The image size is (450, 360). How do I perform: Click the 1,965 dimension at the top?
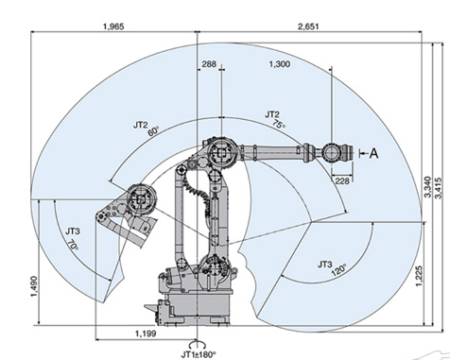point(113,26)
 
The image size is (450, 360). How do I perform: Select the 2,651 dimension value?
point(308,26)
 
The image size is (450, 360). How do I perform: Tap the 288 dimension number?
point(209,64)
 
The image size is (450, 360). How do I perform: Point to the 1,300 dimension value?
point(280,64)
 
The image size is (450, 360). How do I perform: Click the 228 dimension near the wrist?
point(341,180)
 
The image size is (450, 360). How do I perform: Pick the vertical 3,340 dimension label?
point(427,187)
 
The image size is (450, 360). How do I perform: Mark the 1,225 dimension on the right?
point(419,276)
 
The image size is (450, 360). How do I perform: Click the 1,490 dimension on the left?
point(34,286)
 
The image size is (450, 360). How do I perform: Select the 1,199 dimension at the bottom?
point(146,334)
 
